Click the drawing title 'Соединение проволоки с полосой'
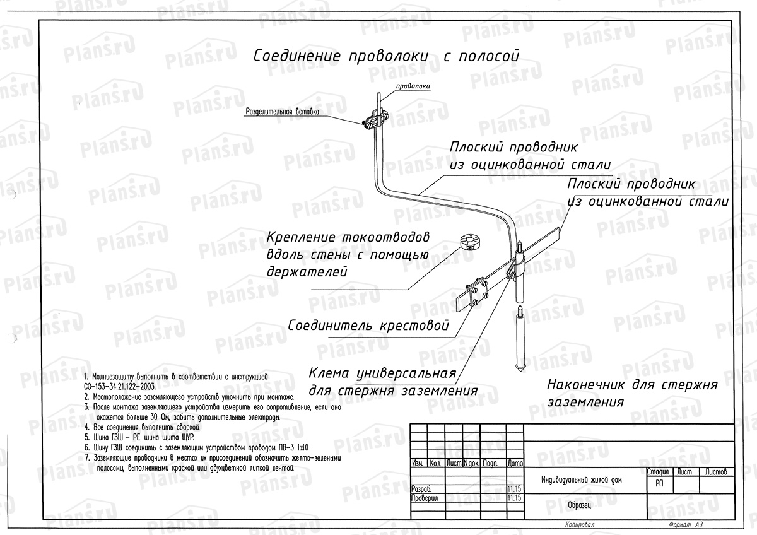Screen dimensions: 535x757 (386, 56)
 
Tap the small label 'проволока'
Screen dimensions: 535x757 (413, 85)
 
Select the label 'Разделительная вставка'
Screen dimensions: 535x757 (282, 112)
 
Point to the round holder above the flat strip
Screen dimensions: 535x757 (470, 242)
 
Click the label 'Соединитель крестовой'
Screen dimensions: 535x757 (368, 327)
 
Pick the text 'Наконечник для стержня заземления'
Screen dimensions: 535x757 (633, 392)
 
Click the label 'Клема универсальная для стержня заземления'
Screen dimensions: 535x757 (392, 380)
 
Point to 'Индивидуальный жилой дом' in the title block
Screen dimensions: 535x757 (581, 480)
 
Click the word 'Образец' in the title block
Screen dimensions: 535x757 (578, 505)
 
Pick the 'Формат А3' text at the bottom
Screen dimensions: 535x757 (683, 525)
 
